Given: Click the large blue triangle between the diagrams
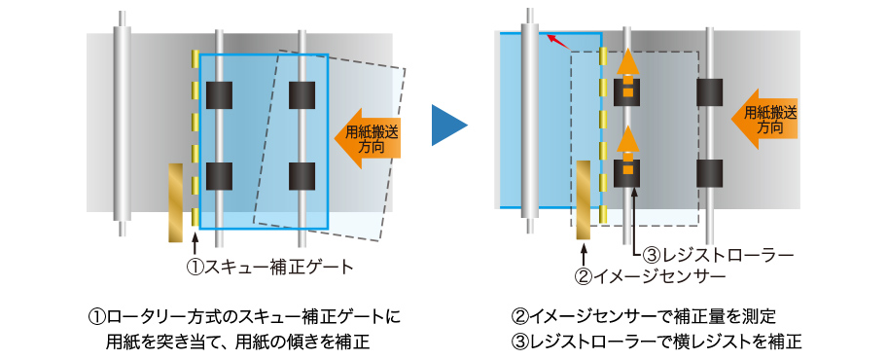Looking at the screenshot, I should (448, 126).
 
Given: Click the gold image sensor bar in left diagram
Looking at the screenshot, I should (175, 202).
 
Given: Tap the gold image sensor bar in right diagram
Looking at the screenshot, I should (584, 200).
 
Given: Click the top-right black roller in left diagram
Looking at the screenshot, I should (302, 94).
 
